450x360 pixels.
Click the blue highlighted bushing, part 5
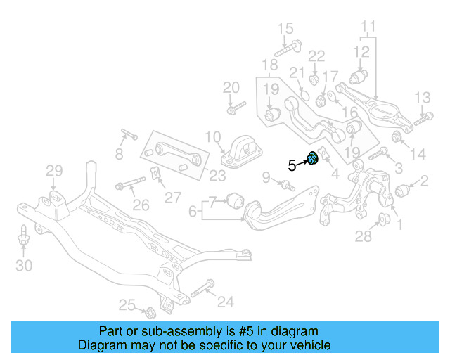(313, 160)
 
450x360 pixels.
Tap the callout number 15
(285, 29)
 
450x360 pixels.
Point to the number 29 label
(54, 170)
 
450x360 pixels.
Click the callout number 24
(225, 302)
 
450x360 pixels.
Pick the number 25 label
(127, 304)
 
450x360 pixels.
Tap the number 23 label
(217, 176)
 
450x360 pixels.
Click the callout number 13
(422, 97)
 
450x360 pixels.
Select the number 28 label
(363, 237)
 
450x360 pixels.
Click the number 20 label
(231, 88)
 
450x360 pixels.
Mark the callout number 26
(141, 205)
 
